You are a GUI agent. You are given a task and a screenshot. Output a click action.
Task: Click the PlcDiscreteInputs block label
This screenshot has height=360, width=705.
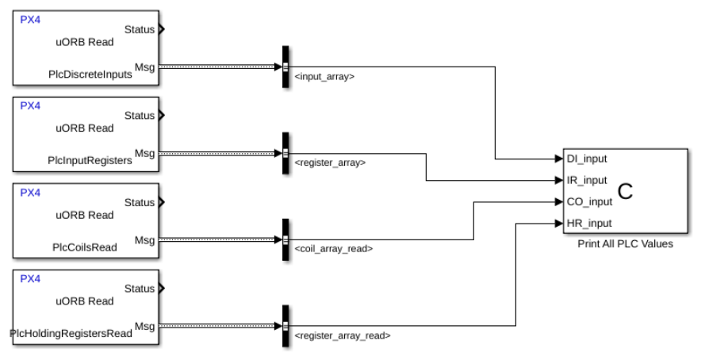click(89, 74)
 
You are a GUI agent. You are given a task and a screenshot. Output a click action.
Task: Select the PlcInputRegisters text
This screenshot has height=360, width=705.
click(89, 160)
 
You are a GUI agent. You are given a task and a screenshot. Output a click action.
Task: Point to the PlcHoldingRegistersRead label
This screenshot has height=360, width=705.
click(71, 333)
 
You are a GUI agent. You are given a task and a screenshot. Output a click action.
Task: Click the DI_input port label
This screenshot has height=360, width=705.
click(587, 159)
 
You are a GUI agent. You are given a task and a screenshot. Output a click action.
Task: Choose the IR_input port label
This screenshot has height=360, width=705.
click(587, 180)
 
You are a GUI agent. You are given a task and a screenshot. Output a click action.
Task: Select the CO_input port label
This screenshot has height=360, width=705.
click(588, 201)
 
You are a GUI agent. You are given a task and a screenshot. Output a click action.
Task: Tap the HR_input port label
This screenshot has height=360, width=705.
click(588, 223)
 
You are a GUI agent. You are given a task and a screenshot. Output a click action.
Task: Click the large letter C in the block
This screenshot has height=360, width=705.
click(626, 190)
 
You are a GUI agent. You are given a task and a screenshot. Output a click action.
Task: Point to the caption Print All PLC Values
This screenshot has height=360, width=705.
click(626, 244)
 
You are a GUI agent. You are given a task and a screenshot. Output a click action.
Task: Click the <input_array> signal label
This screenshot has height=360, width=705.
click(324, 77)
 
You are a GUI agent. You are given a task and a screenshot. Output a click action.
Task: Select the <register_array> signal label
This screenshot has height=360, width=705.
click(329, 163)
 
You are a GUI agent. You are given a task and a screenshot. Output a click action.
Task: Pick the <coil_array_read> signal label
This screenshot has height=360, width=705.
click(333, 249)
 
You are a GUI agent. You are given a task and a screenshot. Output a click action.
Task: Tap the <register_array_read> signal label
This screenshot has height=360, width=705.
click(342, 335)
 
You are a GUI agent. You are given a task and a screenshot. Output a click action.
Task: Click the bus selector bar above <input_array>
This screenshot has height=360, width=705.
click(285, 66)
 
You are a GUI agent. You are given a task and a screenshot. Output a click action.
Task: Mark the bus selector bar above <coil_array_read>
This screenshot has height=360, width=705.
click(285, 239)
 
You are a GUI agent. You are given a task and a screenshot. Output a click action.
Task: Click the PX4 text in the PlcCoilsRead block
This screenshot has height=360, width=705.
click(30, 193)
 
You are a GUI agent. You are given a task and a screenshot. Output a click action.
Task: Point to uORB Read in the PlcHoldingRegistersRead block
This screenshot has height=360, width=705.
click(85, 301)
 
